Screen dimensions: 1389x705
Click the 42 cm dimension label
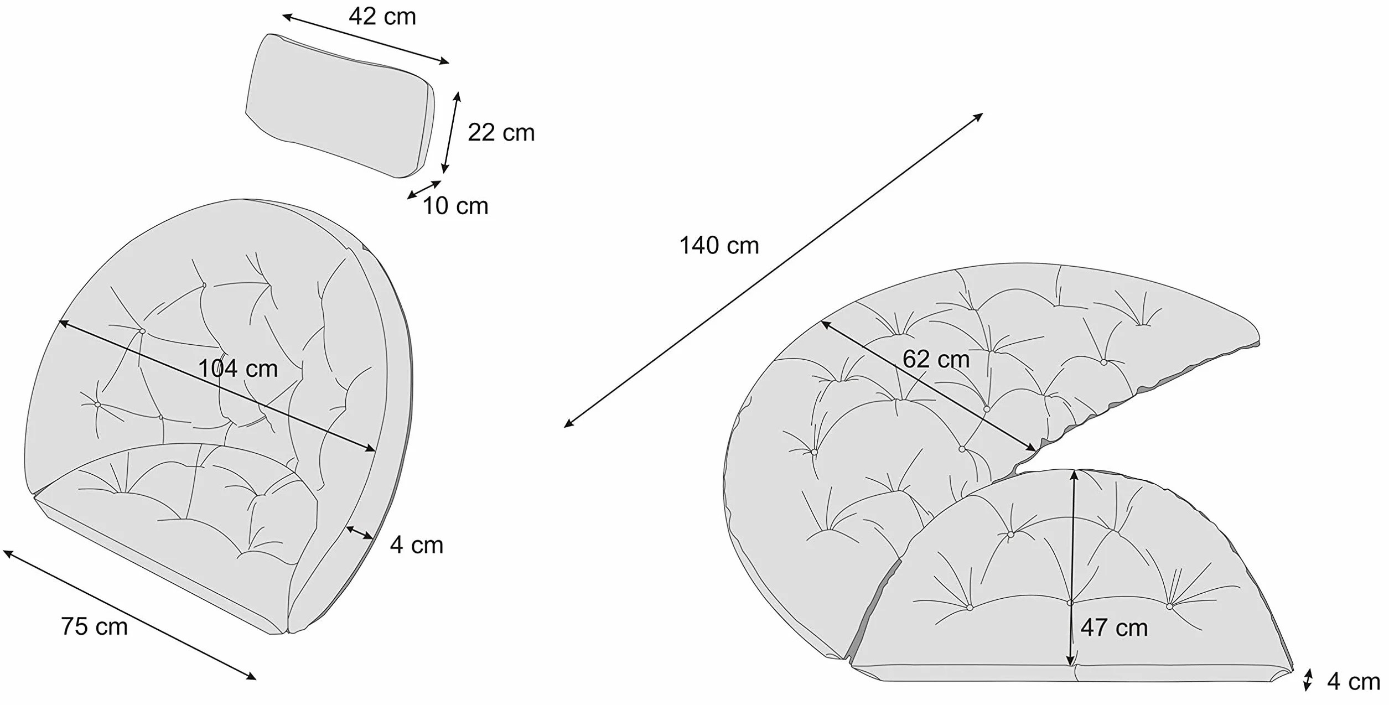(382, 17)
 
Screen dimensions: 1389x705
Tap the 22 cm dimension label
(501, 133)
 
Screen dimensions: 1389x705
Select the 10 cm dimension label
(455, 206)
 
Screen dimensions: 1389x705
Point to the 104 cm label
(238, 369)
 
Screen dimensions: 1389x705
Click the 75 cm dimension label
(94, 626)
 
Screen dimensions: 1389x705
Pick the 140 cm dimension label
(719, 245)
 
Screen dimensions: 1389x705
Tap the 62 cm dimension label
(936, 359)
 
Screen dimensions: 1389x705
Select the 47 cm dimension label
(1114, 628)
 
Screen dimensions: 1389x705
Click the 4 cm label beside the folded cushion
(416, 545)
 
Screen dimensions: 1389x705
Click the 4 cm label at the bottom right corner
(1354, 682)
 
